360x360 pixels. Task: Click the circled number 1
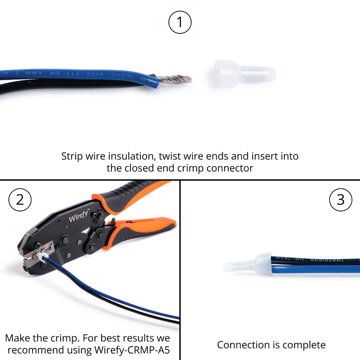[180, 22]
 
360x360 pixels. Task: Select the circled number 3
[341, 200]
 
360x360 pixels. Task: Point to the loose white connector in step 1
[244, 74]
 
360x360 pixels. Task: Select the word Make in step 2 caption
[18, 338]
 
